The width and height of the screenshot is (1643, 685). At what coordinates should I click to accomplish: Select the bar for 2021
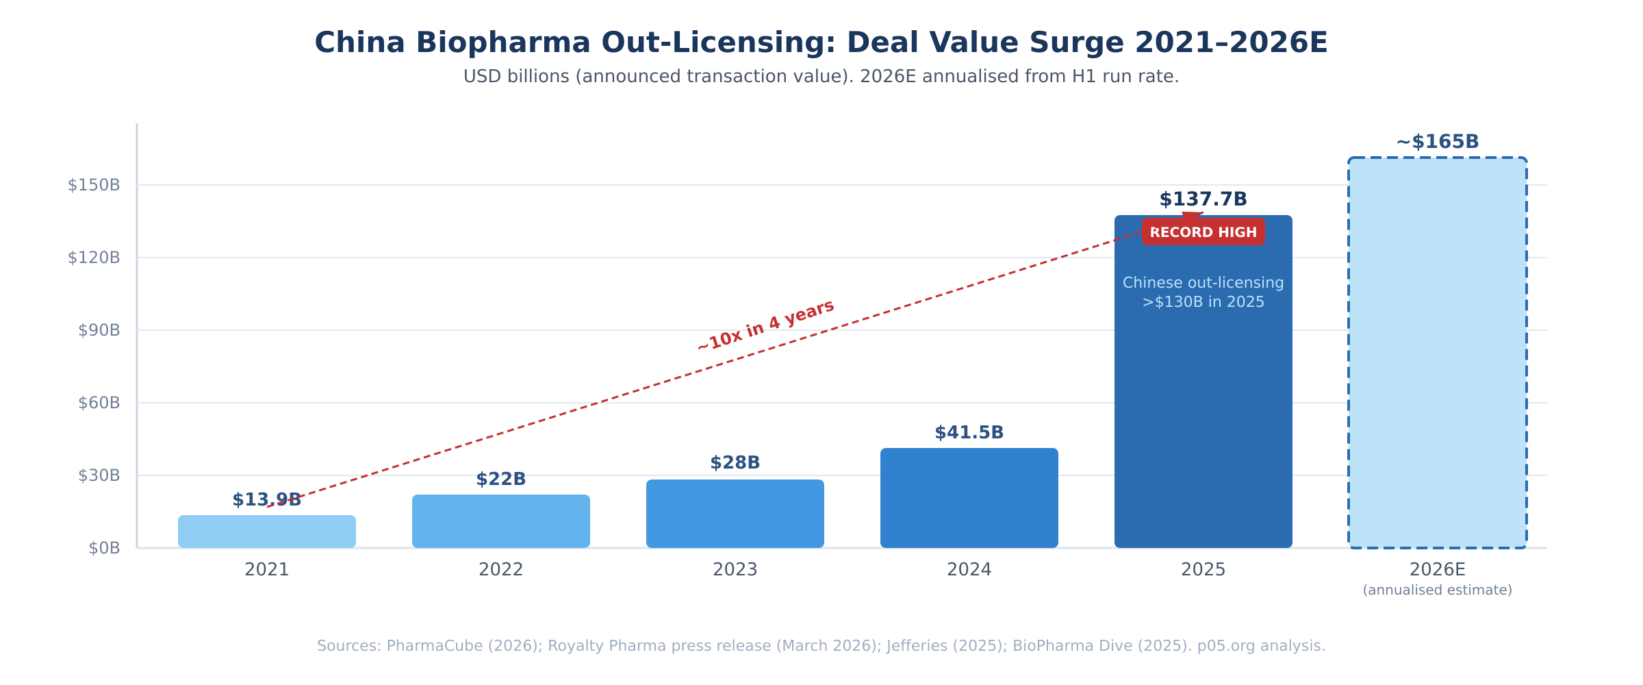pyautogui.click(x=267, y=532)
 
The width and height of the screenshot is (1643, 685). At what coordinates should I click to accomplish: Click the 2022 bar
pyautogui.click(x=501, y=521)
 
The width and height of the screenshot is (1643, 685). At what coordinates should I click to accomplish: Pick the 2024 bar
pyautogui.click(x=969, y=498)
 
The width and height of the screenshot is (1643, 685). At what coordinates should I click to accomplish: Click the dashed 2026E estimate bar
pyautogui.click(x=1438, y=353)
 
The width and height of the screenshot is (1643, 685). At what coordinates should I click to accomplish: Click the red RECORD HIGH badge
pyautogui.click(x=1203, y=232)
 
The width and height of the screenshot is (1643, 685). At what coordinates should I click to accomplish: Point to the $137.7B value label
pyautogui.click(x=1203, y=199)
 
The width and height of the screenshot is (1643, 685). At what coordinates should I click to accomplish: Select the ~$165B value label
pyautogui.click(x=1438, y=142)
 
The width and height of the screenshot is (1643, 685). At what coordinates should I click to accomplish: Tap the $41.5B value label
pyautogui.click(x=969, y=433)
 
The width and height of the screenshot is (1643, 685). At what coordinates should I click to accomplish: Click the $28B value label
pyautogui.click(x=735, y=463)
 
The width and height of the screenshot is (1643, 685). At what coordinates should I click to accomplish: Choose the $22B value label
pyautogui.click(x=501, y=480)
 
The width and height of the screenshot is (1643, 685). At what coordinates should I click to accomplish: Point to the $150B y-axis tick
pyautogui.click(x=94, y=185)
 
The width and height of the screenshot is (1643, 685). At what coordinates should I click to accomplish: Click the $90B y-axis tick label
pyautogui.click(x=99, y=331)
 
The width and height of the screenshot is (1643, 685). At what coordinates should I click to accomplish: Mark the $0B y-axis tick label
pyautogui.click(x=104, y=548)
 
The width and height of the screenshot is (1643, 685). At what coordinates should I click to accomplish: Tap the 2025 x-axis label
pyautogui.click(x=1203, y=570)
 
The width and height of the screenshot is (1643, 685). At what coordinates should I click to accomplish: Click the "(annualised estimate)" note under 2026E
pyautogui.click(x=1438, y=590)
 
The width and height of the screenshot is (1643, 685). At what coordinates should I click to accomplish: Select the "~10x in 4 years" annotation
pyautogui.click(x=765, y=326)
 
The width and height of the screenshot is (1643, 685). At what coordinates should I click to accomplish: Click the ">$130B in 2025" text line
pyautogui.click(x=1203, y=302)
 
